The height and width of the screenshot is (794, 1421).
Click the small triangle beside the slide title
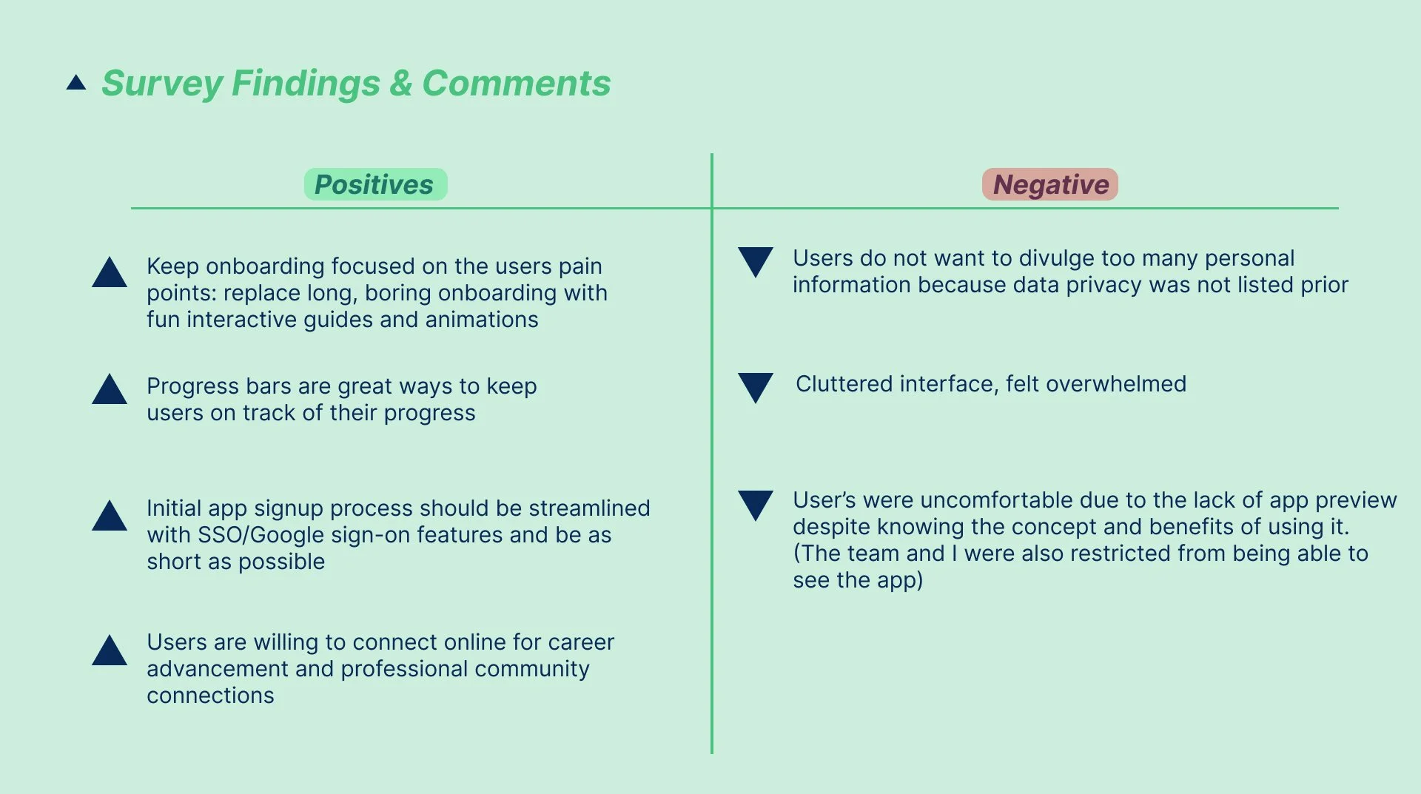point(76,83)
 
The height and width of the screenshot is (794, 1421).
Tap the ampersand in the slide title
point(400,83)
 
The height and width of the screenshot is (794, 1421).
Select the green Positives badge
point(375,184)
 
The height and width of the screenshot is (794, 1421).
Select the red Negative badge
point(1049,184)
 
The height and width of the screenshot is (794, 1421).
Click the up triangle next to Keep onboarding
point(110,273)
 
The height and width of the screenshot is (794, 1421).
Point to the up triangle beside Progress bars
point(110,390)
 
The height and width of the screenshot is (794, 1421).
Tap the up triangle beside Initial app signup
point(110,517)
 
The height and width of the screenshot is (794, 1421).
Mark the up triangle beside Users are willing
point(110,651)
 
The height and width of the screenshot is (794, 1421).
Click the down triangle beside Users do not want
point(756,260)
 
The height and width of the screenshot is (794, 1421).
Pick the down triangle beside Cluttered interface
point(756,386)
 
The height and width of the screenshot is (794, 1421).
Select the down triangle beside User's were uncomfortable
point(756,504)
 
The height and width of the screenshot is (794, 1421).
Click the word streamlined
point(589,508)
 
